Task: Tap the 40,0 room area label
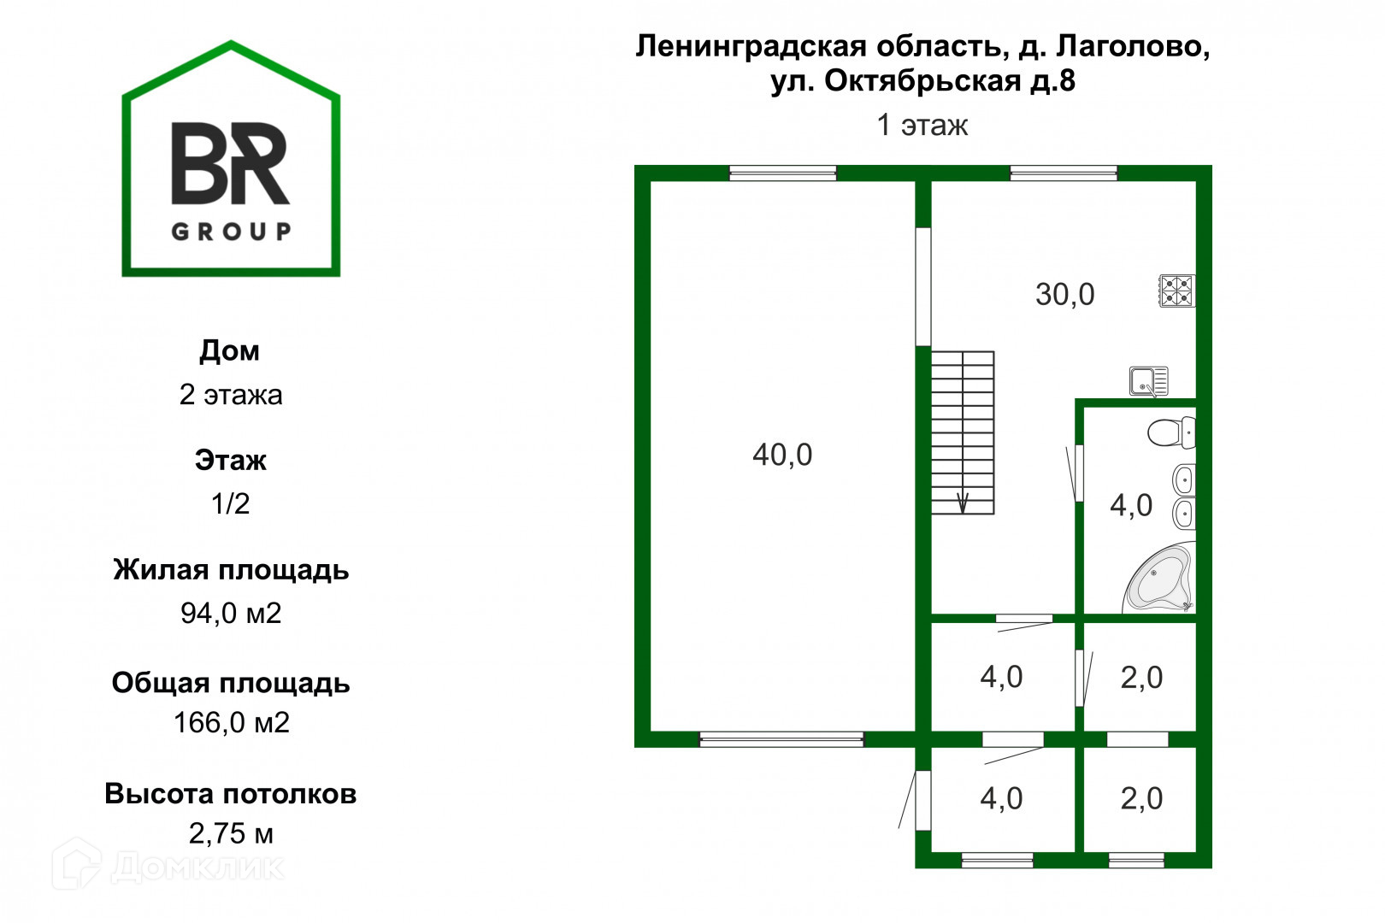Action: [x=782, y=455]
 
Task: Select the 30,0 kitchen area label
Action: [x=1064, y=295]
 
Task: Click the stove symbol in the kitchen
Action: [x=1176, y=291]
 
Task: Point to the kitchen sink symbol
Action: [x=1148, y=381]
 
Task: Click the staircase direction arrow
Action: [x=963, y=503]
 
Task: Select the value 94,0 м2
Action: [x=231, y=613]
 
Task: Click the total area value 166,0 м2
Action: [x=232, y=723]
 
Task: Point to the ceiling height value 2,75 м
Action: [x=231, y=833]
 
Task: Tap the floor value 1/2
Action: [x=231, y=503]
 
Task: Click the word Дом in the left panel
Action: [x=230, y=350]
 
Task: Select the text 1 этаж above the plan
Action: [x=922, y=126]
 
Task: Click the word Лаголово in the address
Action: [x=1133, y=46]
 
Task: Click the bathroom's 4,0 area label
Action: [x=1131, y=506]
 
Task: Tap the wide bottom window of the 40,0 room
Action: [x=781, y=739]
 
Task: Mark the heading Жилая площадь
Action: [x=231, y=570]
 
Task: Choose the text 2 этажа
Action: [x=231, y=395]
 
